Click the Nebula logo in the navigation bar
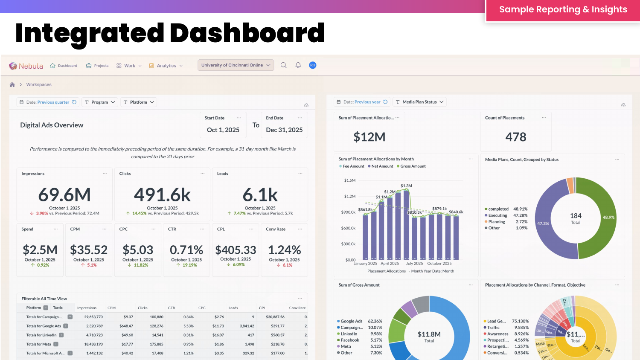pos(26,66)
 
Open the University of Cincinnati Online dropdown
pos(236,65)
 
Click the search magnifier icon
pos(283,65)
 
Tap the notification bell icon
pos(298,65)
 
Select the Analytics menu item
pos(166,66)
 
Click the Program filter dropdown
pos(100,102)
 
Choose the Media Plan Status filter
pos(420,102)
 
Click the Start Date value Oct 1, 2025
pos(223,130)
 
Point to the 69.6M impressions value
pos(64,195)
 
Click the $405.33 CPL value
pos(236,250)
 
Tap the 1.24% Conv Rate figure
pos(284,250)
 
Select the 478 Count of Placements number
pos(516,137)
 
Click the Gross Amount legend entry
pos(413,166)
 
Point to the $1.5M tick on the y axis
pos(349,180)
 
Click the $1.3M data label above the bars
pos(406,186)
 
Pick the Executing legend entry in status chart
pos(497,215)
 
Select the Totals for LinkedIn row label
pos(41,335)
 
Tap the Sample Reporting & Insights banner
pos(563,10)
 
